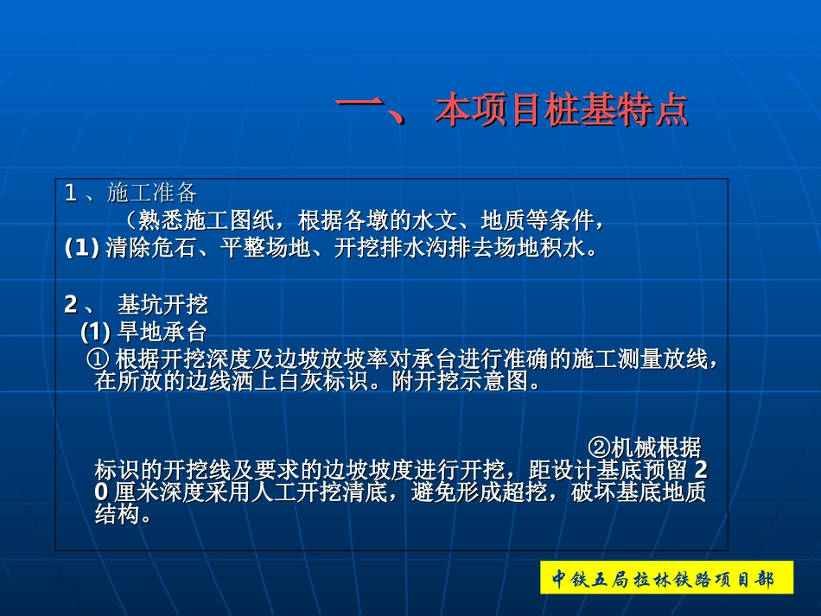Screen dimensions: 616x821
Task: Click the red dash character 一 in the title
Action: (x=360, y=111)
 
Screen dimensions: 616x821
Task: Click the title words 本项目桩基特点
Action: (x=562, y=111)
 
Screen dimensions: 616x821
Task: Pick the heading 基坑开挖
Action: (x=162, y=305)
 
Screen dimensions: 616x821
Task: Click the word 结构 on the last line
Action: (x=118, y=516)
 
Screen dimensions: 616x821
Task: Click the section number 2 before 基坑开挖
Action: (x=71, y=305)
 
